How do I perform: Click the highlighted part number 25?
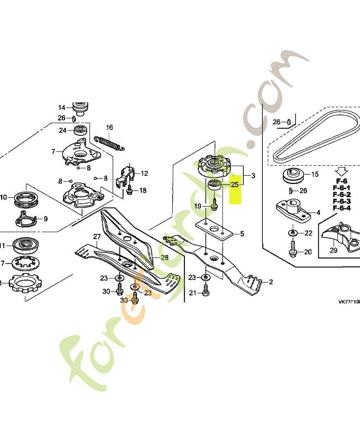[x=235, y=185]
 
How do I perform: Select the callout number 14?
[x=62, y=107]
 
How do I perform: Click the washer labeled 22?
[x=291, y=233]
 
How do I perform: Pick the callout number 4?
[x=317, y=212]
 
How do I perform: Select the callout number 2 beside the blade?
[x=271, y=282]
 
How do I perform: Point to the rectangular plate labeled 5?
[x=213, y=229]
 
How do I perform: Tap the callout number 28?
[x=165, y=257]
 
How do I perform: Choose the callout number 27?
[x=96, y=237]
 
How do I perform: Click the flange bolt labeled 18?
[x=128, y=191]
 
